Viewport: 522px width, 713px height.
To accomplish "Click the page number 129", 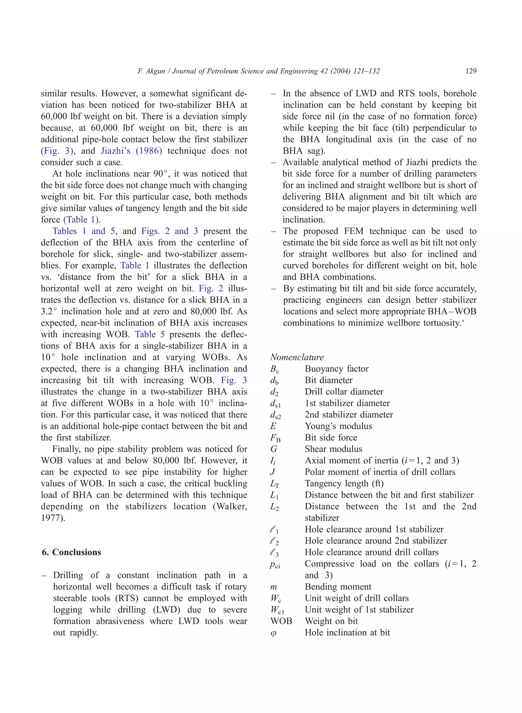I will click(471, 71).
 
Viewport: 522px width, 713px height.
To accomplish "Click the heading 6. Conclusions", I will click(71, 552).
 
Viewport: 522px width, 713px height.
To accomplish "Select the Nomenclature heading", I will click(297, 357).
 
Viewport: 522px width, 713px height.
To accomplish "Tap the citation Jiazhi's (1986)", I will click(132, 151).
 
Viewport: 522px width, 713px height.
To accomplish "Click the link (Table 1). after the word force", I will click(82, 220).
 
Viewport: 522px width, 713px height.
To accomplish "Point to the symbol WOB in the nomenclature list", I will click(281, 621).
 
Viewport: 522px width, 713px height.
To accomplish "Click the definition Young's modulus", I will click(338, 426).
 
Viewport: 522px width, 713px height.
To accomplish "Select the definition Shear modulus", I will click(333, 449).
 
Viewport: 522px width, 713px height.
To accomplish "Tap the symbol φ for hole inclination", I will click(274, 633).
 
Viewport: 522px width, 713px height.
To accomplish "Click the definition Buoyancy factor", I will click(336, 369).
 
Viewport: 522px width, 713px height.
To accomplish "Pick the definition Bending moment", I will click(338, 587).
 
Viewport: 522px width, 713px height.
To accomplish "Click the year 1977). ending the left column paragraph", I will click(53, 518).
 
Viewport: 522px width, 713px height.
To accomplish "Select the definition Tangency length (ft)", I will click(344, 484).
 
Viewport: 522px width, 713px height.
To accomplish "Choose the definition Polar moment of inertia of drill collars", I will click(380, 472).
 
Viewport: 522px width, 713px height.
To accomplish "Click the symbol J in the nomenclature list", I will click(273, 472).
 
